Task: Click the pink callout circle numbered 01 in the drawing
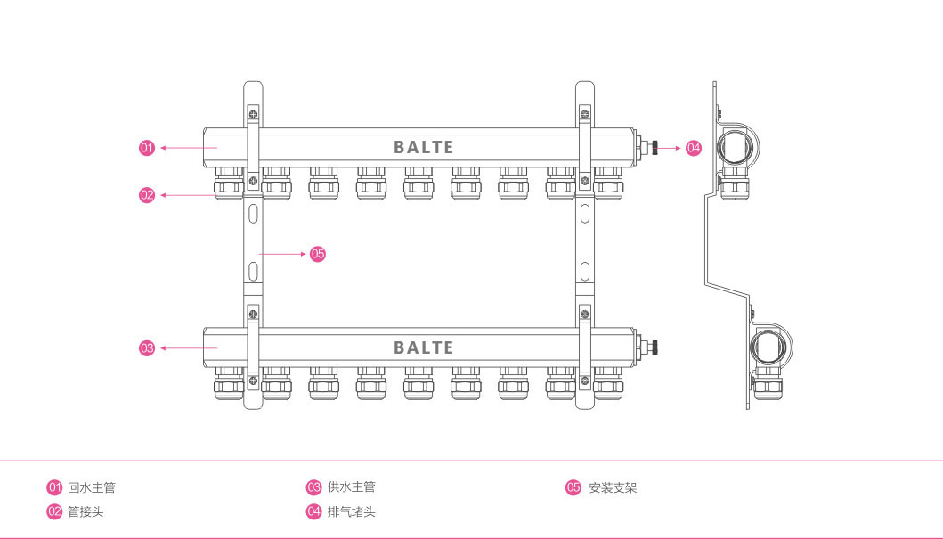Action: (148, 148)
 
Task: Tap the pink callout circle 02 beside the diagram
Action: (148, 194)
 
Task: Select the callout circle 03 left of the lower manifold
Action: (148, 348)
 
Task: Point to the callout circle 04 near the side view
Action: (694, 148)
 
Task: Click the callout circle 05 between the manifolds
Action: (318, 254)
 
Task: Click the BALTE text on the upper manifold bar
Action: (424, 147)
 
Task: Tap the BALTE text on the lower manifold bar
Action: (424, 347)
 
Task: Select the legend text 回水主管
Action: (92, 487)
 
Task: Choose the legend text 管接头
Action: (85, 511)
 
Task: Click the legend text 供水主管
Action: (351, 487)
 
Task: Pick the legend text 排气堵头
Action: (351, 511)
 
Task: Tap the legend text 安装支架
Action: (613, 487)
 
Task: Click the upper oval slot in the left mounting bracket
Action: (254, 213)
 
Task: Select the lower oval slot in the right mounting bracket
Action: (584, 269)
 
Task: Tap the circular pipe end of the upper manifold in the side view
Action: (738, 146)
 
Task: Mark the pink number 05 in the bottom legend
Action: (573, 487)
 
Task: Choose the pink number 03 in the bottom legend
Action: (313, 487)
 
